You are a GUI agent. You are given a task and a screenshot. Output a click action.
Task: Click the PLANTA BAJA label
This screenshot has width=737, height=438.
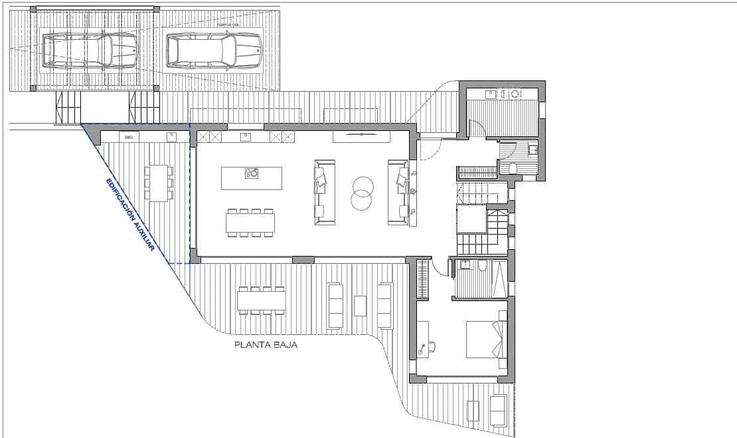click(x=266, y=345)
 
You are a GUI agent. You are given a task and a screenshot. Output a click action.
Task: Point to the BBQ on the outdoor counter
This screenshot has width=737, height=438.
click(x=129, y=137)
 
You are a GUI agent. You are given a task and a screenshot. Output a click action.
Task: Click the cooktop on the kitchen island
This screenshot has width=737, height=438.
click(x=252, y=173)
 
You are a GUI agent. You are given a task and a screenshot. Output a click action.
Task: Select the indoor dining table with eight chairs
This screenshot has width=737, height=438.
click(x=250, y=223)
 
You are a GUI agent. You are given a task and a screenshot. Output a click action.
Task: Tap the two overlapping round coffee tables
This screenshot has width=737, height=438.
click(x=363, y=191)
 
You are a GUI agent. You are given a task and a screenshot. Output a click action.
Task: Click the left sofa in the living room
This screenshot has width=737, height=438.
click(x=324, y=191)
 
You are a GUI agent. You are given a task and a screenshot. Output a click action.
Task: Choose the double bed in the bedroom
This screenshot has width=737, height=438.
click(x=486, y=339)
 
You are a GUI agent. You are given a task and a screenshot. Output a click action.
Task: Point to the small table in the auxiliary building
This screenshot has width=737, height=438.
click(x=159, y=183)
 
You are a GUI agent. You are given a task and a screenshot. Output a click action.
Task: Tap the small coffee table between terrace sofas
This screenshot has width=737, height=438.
click(x=360, y=306)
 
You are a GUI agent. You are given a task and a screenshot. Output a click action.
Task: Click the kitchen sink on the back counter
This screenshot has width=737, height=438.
click(x=245, y=137)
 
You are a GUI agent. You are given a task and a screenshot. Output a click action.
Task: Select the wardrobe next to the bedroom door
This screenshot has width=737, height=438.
click(x=422, y=279)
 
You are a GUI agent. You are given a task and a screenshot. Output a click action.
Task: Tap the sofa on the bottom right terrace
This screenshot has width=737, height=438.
click(x=497, y=410)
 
